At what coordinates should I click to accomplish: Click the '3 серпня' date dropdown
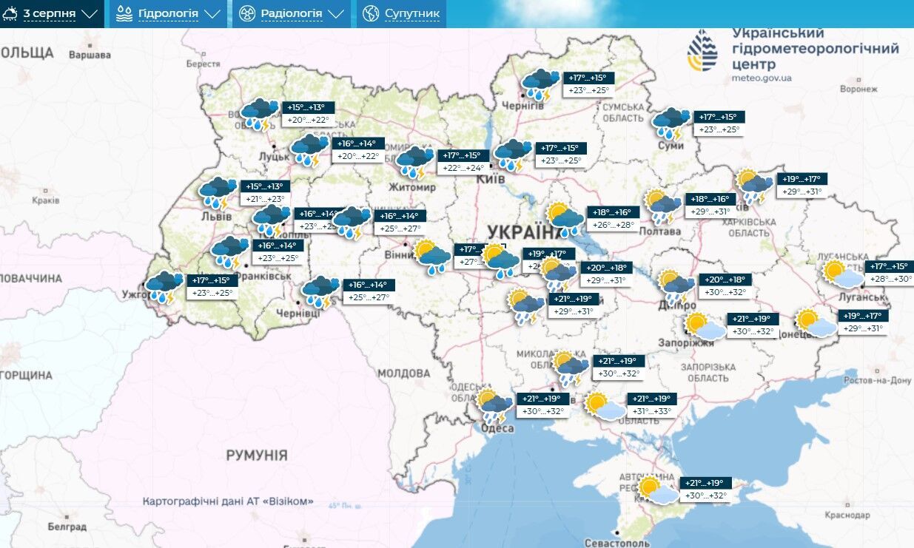point(52,13)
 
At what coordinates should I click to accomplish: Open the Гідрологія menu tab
point(169,13)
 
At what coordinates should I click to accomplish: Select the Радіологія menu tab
point(292,13)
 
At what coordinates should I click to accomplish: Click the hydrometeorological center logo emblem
point(702,52)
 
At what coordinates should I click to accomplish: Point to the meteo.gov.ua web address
point(762,78)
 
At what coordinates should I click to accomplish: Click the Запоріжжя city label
point(688,343)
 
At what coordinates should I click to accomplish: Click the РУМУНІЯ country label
point(257,456)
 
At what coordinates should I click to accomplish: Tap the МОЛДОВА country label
point(404,373)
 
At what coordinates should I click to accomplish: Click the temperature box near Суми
point(718,123)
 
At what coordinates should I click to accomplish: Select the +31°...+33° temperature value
point(651,412)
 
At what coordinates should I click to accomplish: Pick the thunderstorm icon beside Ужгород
point(164,288)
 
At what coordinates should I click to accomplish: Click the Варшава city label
point(89,55)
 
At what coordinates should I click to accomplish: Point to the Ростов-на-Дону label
point(878,380)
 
